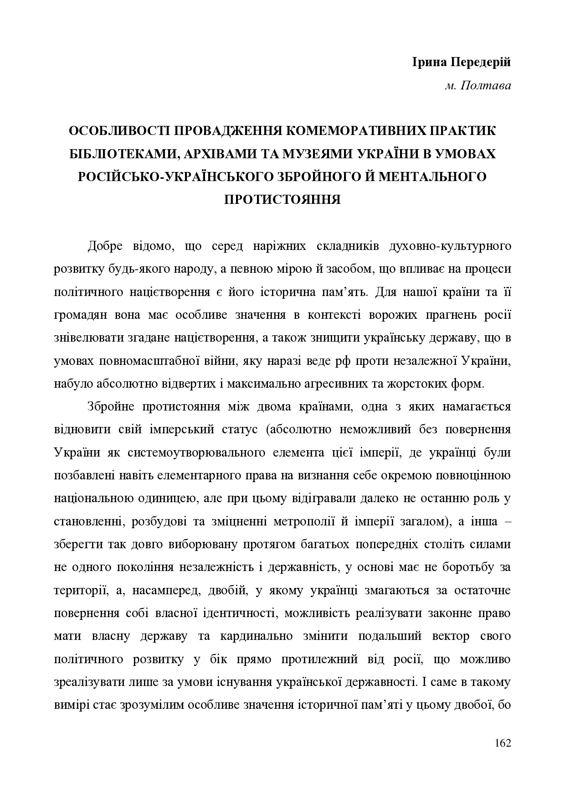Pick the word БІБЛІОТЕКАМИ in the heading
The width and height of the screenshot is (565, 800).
120,154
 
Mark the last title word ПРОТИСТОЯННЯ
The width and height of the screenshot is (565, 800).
282,199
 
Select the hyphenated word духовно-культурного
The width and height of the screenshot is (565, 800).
450,246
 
